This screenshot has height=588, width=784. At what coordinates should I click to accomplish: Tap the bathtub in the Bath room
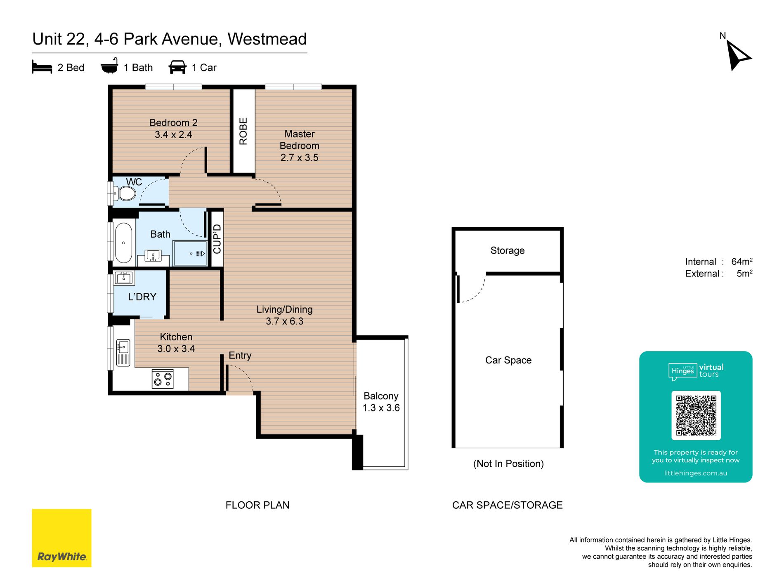123,243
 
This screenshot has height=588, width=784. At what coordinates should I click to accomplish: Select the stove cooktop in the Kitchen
163,378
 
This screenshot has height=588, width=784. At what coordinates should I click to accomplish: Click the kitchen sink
123,352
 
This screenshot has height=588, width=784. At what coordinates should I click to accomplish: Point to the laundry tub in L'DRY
124,278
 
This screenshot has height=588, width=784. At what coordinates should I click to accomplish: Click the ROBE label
243,131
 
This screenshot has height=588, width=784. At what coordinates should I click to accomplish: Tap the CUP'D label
217,239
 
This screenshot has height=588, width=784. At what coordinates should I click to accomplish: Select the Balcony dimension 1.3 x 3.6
381,408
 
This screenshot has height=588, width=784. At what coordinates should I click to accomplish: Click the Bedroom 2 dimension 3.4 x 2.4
173,135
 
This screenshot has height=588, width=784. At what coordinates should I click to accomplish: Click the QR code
696,415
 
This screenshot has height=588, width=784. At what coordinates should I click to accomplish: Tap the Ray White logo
62,538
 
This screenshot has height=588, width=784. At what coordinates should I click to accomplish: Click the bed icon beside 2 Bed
42,67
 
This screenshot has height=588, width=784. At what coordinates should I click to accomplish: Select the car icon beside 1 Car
177,67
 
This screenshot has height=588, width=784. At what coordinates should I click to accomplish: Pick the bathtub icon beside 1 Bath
110,66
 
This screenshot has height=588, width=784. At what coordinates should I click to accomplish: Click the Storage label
508,250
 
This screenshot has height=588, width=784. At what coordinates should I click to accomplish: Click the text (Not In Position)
508,463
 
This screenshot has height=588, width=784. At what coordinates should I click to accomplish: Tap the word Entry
240,355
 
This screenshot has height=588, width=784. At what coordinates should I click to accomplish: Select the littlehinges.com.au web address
696,473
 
